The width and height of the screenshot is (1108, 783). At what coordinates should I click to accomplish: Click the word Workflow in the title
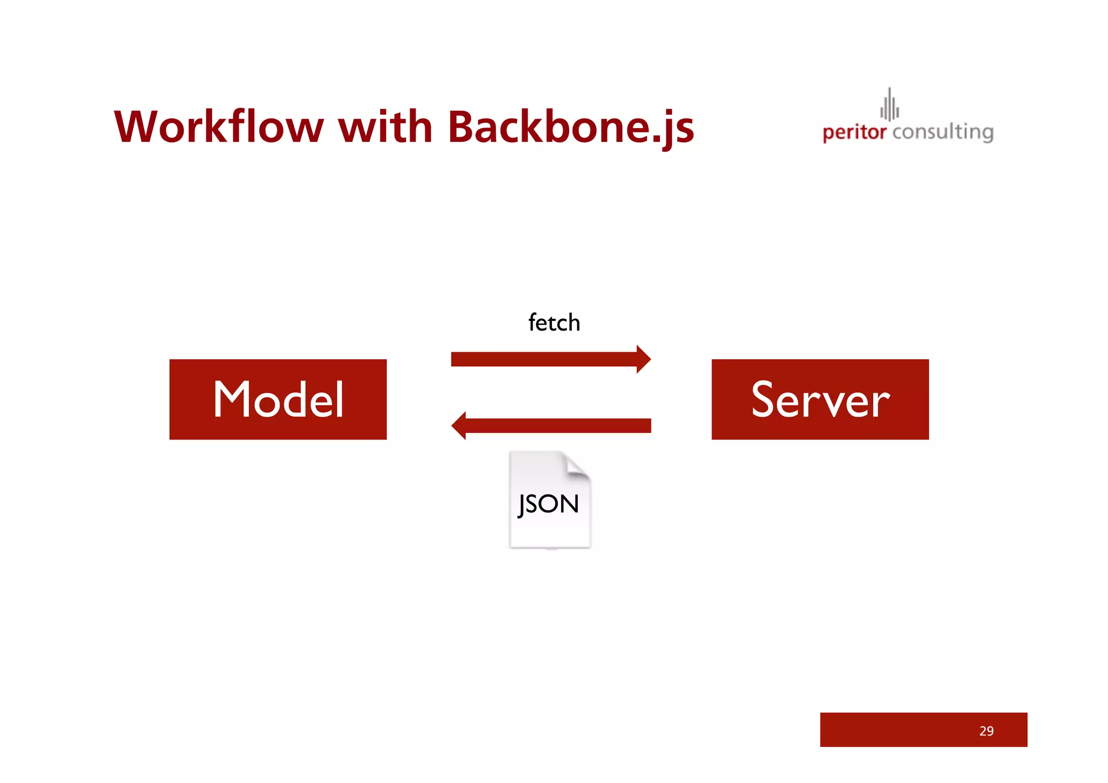(219, 127)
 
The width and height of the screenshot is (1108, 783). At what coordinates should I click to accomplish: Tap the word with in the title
(385, 127)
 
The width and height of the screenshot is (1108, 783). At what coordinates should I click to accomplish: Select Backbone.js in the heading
(571, 127)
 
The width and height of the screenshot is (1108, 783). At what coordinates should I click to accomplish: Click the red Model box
(278, 399)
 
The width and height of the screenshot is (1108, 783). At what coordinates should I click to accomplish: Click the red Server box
(820, 399)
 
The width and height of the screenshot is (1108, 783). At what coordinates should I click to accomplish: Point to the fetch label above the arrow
(554, 323)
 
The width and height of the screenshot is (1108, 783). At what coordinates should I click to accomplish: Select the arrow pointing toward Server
(544, 359)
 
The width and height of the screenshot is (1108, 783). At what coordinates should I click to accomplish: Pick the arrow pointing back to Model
(557, 426)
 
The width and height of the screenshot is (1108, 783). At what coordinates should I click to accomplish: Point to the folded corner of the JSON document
(577, 466)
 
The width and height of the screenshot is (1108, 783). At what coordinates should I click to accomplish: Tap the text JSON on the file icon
(549, 504)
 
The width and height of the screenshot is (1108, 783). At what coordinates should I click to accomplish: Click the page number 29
(986, 731)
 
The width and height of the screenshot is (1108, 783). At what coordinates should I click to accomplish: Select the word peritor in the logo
(854, 132)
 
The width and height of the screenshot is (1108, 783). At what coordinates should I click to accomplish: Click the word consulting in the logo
(942, 132)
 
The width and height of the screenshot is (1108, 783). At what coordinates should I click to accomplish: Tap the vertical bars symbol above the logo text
(889, 105)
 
